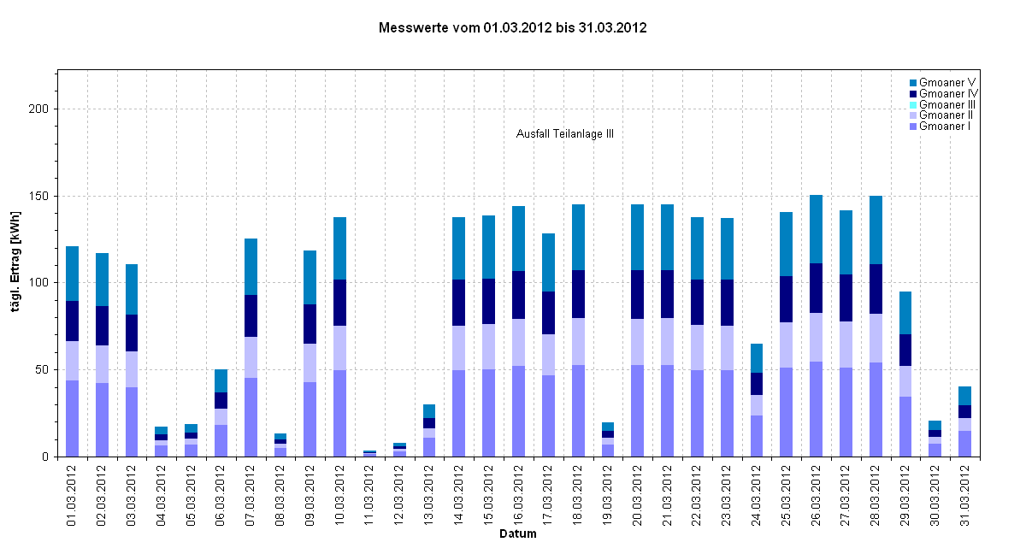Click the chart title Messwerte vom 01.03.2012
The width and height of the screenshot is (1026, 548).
coord(512,28)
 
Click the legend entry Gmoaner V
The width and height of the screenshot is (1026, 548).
coord(948,82)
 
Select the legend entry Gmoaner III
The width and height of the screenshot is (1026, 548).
coord(947,104)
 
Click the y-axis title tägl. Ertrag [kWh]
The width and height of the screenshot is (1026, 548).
coord(16,264)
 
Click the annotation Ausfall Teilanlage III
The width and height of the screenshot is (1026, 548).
coord(565,134)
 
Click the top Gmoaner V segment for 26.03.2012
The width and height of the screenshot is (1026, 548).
coord(816,229)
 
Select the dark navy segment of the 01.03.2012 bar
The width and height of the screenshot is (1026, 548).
coord(73,321)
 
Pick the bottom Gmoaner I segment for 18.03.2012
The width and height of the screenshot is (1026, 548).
coord(578,410)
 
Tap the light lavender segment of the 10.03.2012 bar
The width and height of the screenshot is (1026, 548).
coord(340,348)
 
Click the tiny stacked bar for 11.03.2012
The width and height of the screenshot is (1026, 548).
coord(369,453)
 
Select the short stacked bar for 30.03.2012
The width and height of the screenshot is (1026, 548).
coord(935,439)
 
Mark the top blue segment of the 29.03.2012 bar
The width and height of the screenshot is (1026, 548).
coord(905,313)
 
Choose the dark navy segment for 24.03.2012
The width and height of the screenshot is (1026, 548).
coord(756,384)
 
